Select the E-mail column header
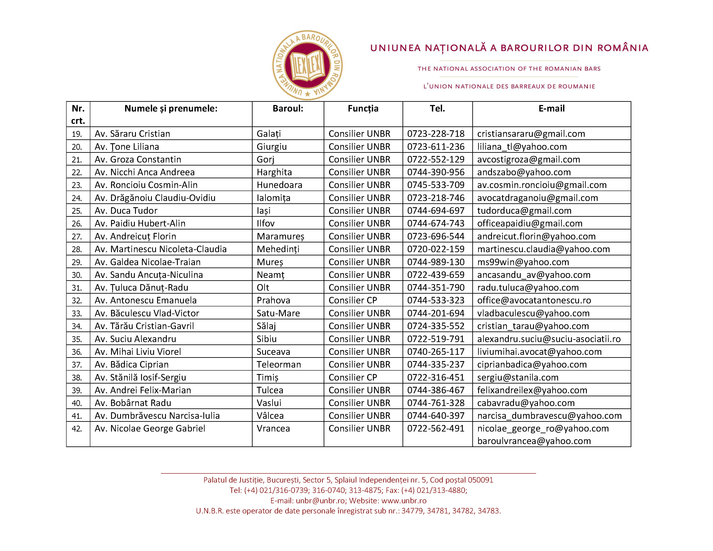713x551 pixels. pyautogui.click(x=551, y=109)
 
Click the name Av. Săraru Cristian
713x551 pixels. pyautogui.click(x=132, y=134)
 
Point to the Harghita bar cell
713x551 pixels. pyautogui.click(x=274, y=172)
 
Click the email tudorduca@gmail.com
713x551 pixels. pyautogui.click(x=524, y=211)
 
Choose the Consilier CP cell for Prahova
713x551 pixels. pyautogui.click(x=353, y=300)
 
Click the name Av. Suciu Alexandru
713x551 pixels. pyautogui.click(x=135, y=339)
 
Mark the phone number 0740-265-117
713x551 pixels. pyautogui.click(x=436, y=352)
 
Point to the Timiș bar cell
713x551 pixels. pyautogui.click(x=267, y=378)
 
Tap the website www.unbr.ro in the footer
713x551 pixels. pyautogui.click(x=404, y=501)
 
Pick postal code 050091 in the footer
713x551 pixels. pyautogui.click(x=480, y=480)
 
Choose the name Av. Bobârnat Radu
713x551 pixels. pyautogui.click(x=133, y=403)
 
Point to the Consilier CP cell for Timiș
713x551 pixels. pyautogui.click(x=353, y=378)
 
